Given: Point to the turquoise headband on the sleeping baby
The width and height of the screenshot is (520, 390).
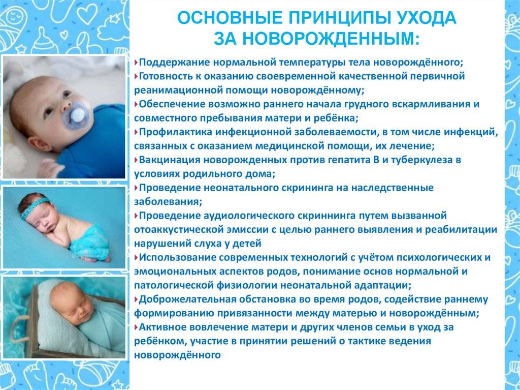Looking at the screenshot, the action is (x=35, y=207).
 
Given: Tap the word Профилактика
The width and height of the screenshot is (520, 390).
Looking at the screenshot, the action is (x=175, y=132).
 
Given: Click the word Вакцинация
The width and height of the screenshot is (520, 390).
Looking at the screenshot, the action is (x=169, y=160).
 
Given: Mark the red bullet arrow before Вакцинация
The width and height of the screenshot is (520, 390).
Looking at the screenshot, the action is (x=136, y=160).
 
